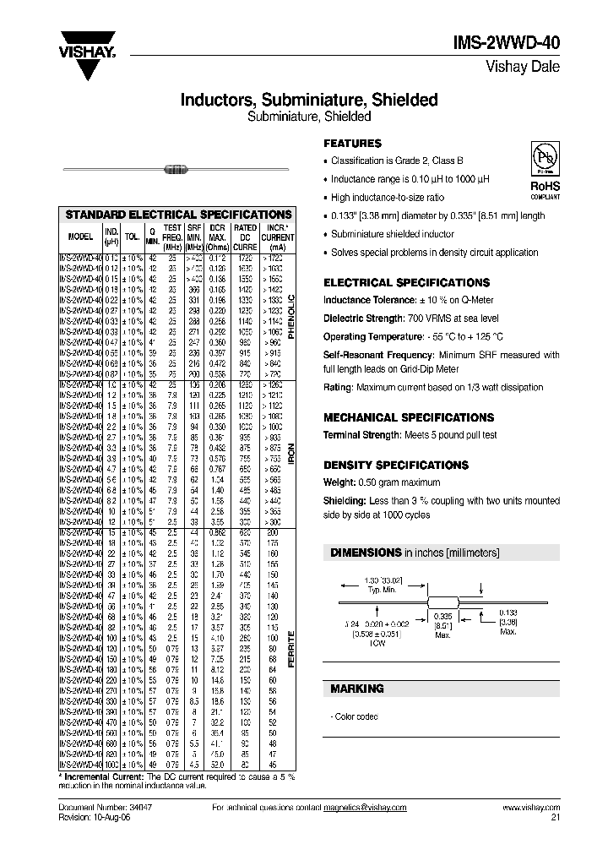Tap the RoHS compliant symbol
(544, 168)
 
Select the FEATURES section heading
(353, 144)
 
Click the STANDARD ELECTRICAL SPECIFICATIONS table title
(179, 215)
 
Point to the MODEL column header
(80, 237)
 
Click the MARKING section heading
(356, 689)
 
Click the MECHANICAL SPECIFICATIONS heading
(409, 417)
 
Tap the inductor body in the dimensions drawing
(438, 601)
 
